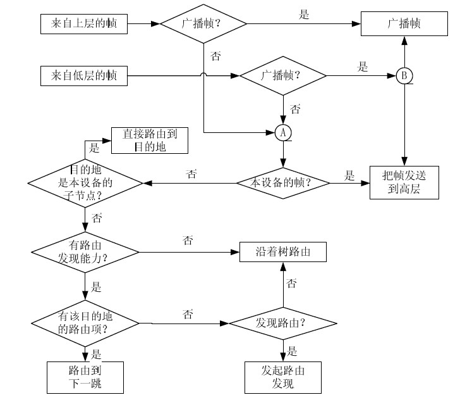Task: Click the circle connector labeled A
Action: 282,132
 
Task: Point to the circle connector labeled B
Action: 404,76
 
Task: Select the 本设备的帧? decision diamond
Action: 282,182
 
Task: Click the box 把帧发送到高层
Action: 404,182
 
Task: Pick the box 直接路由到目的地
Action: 150,141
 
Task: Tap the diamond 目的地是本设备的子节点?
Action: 85,182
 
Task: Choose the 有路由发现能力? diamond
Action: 85,253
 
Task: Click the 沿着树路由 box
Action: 282,253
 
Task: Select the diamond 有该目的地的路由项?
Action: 85,323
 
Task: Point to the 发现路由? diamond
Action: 282,323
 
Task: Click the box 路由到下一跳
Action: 85,377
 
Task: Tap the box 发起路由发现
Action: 282,377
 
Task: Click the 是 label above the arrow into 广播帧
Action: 305,15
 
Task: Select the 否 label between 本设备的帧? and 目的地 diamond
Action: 192,173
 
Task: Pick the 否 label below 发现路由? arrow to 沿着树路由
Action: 291,283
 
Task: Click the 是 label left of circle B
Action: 363,66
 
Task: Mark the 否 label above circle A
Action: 295,110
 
